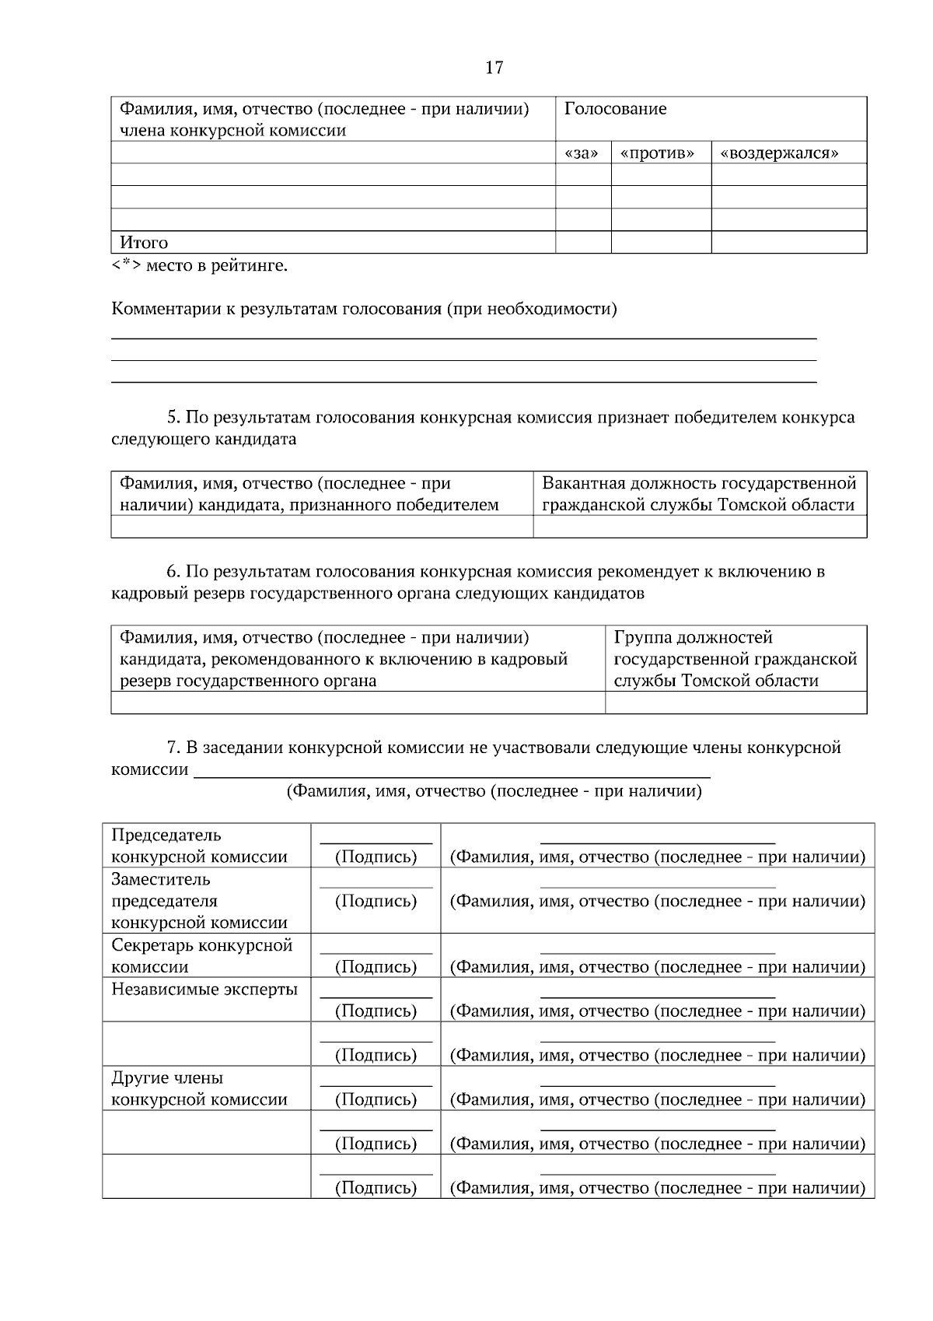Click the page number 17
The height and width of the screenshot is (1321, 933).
tap(494, 68)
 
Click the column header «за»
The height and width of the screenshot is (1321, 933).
tap(582, 153)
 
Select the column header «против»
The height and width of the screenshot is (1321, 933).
tap(658, 153)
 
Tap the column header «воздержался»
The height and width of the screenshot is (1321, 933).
tap(779, 153)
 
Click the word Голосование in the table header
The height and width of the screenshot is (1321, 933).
tap(615, 109)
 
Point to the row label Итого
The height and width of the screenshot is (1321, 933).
tap(144, 243)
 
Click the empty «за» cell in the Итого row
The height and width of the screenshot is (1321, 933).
tap(582, 243)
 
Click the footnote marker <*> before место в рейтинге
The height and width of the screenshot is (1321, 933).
tap(126, 266)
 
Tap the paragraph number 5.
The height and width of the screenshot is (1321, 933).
tap(173, 418)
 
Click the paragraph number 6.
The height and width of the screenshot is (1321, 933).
tap(173, 572)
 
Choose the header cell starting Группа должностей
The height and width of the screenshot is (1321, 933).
tap(735, 659)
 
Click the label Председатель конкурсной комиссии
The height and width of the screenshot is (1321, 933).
tap(199, 846)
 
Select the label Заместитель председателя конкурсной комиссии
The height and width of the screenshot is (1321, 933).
tap(199, 901)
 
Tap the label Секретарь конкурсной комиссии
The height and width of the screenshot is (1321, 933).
tap(201, 956)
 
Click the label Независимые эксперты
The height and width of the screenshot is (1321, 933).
tap(204, 990)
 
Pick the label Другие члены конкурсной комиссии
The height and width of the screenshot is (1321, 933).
tap(199, 1089)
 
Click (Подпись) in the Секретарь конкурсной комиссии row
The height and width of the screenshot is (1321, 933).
tap(376, 967)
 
